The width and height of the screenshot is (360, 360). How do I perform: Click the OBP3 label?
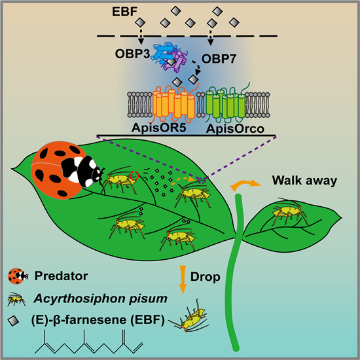click(x=132, y=54)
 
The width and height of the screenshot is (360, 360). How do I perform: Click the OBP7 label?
click(x=219, y=59)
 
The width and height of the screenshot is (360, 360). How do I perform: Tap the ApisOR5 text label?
click(x=158, y=128)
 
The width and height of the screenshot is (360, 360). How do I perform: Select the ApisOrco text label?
click(x=235, y=128)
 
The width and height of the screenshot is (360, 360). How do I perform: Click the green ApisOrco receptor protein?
click(x=226, y=103)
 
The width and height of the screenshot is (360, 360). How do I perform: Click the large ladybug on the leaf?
click(x=67, y=170)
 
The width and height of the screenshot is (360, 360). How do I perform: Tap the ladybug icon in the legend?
click(x=18, y=276)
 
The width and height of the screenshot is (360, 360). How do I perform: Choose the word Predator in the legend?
click(x=61, y=276)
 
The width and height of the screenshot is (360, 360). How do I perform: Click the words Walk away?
click(x=304, y=181)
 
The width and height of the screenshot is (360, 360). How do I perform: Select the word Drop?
click(x=206, y=277)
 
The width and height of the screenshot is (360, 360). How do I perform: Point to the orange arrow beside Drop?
click(x=183, y=279)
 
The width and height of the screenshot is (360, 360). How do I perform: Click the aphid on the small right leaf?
click(x=289, y=211)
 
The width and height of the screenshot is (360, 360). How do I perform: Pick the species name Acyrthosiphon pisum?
click(x=100, y=298)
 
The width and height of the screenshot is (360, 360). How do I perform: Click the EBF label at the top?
click(x=124, y=12)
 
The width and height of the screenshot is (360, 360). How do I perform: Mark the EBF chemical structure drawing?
click(x=89, y=342)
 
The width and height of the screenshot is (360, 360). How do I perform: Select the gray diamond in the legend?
click(x=14, y=321)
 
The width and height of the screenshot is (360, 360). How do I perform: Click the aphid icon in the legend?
click(x=16, y=299)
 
